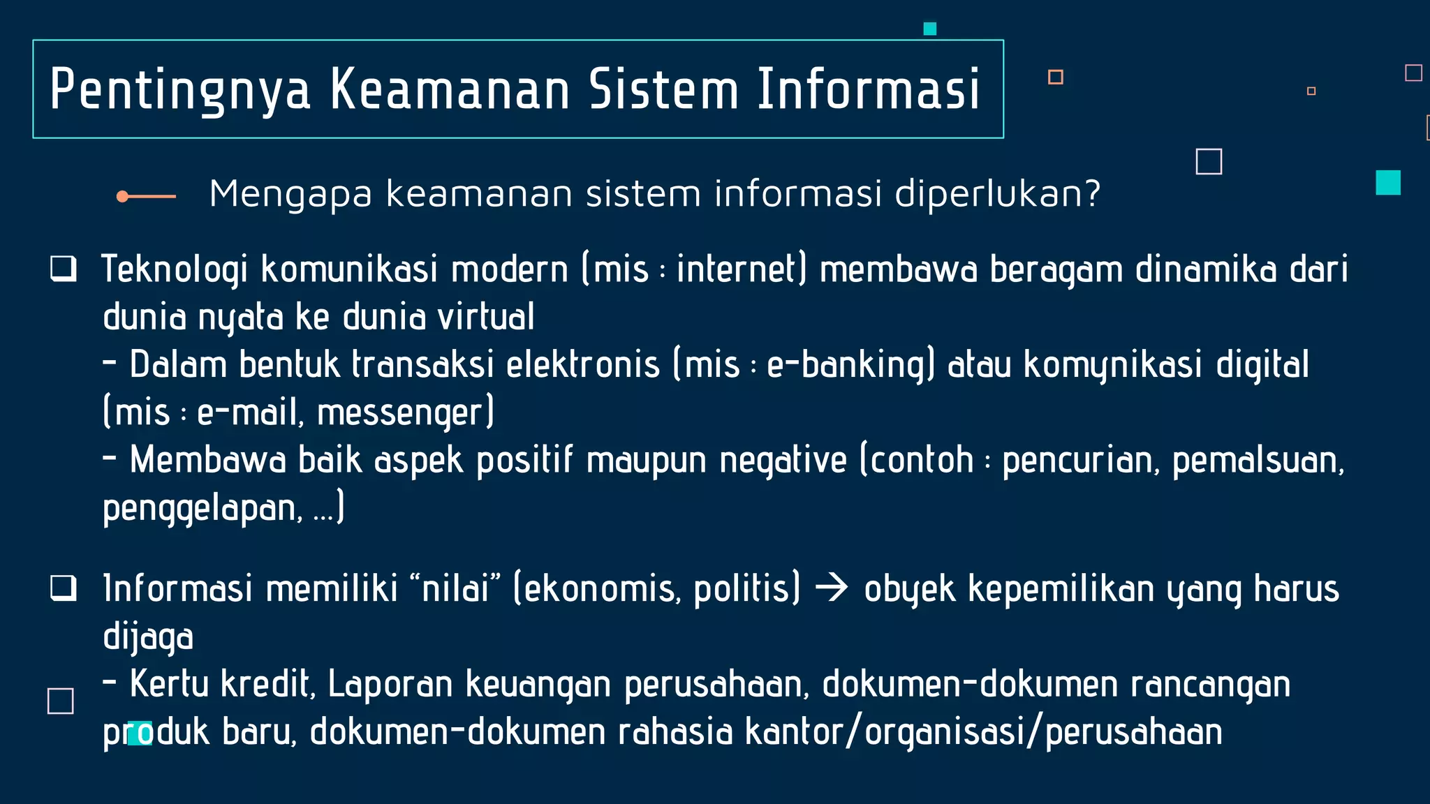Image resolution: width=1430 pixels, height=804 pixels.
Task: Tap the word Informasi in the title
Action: [869, 89]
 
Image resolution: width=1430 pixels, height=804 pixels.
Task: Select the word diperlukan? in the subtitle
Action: [997, 194]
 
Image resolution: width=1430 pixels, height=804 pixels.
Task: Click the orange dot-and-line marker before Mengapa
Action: [146, 197]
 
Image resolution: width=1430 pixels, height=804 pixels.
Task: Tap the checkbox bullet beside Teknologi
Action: [63, 269]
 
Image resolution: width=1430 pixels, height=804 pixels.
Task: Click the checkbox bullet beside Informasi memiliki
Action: [63, 588]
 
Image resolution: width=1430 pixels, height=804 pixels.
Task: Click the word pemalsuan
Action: [1257, 461]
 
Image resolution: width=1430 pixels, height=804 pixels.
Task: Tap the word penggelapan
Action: [202, 509]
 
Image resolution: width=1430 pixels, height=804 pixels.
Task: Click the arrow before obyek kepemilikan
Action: [832, 588]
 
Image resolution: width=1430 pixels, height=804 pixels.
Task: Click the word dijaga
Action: [147, 637]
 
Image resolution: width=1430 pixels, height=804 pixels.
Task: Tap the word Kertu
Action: [169, 684]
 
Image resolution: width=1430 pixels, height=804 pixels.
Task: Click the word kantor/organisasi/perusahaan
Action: [983, 732]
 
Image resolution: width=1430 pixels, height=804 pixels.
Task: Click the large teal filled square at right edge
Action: [1387, 183]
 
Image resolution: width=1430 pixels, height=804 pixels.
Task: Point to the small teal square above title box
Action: [929, 29]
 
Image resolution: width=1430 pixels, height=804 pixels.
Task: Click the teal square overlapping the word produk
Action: [139, 734]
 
